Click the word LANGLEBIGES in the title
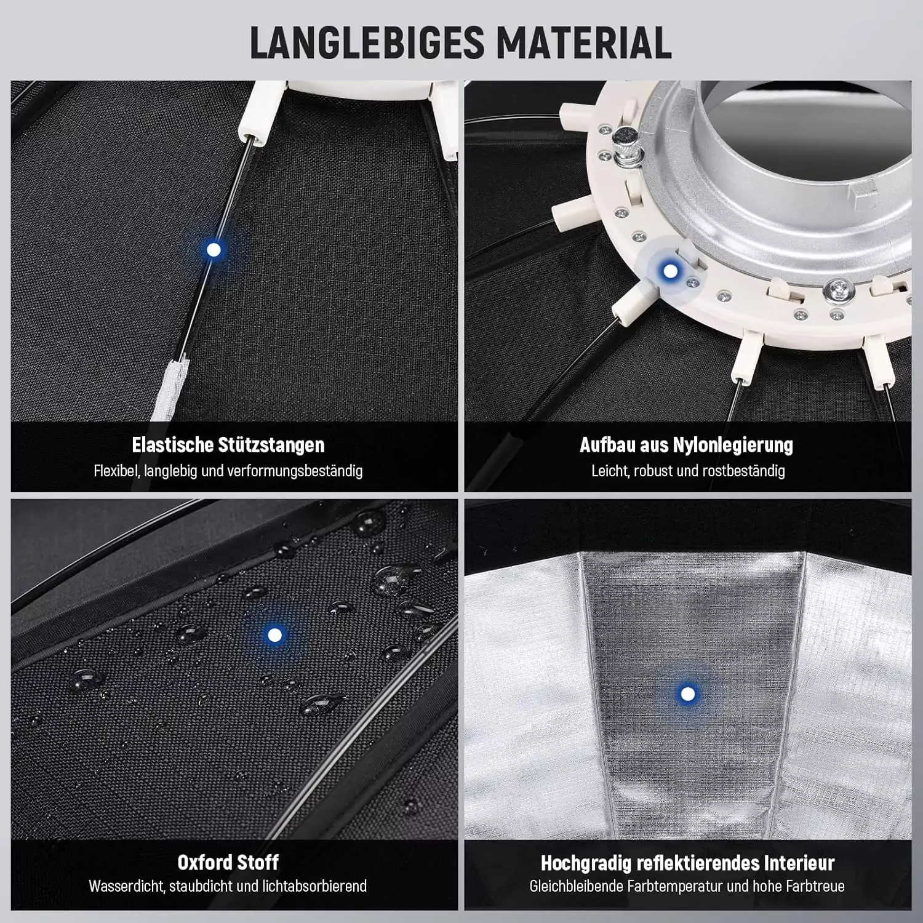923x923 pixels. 367,43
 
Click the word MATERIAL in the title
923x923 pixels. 584,43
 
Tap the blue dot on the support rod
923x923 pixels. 214,250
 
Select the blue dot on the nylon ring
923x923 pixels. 671,271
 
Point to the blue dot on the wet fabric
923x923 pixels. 274,634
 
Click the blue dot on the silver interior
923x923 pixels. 688,694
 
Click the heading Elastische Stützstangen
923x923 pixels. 228,445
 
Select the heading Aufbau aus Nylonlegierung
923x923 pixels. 686,445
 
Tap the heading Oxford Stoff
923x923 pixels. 228,862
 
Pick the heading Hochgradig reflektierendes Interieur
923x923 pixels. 687,863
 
